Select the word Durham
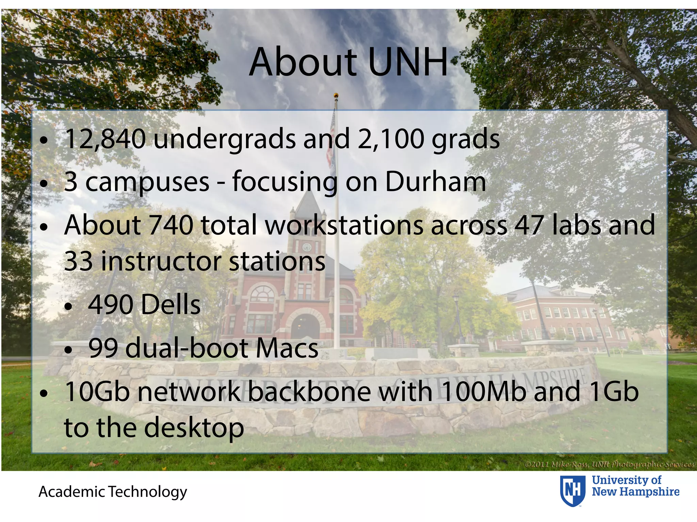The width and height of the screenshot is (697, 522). click(435, 182)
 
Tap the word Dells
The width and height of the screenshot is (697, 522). click(171, 304)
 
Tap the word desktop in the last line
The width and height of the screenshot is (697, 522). click(194, 428)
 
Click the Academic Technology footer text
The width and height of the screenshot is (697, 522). click(113, 491)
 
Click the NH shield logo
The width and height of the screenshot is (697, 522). click(573, 491)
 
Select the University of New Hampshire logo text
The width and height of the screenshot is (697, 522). click(635, 486)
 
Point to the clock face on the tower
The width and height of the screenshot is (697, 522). click(307, 247)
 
